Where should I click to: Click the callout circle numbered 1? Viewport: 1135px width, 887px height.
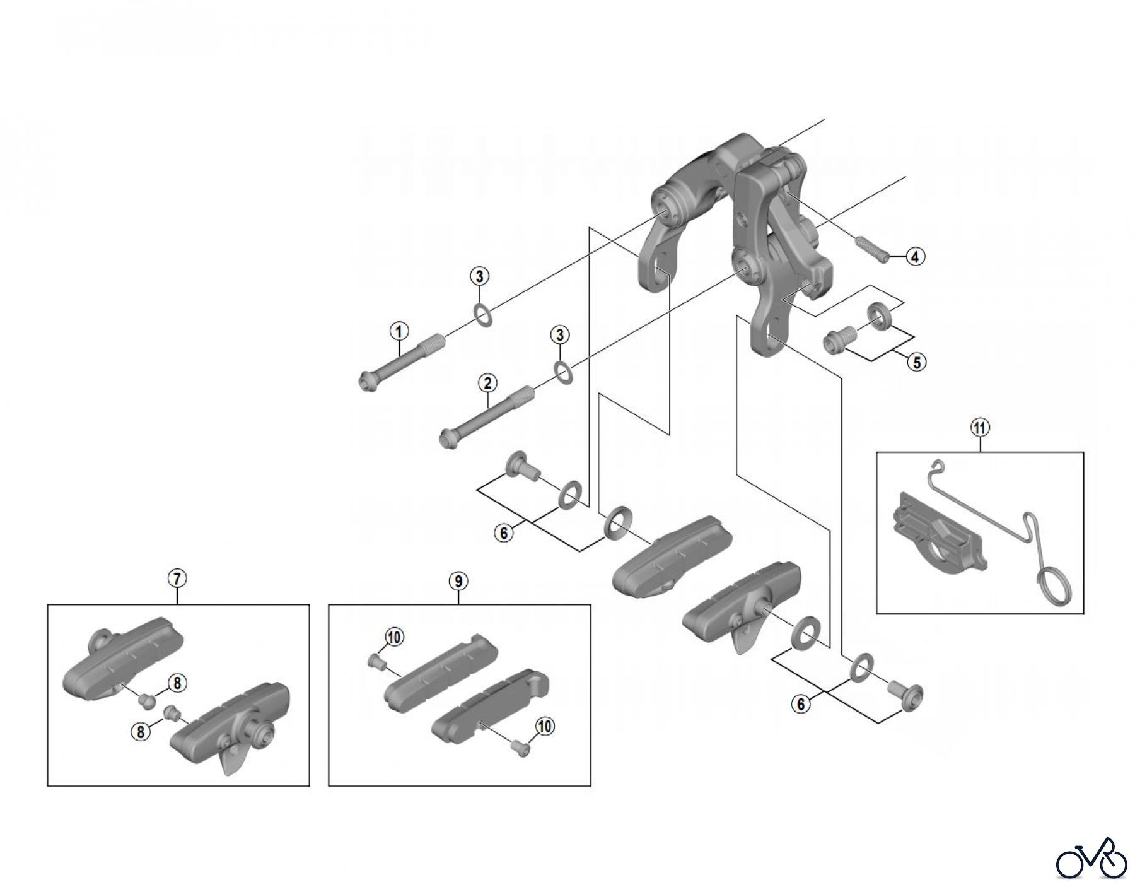(399, 330)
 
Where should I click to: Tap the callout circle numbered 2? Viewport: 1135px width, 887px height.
(487, 382)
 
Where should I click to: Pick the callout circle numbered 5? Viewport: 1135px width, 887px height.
(916, 362)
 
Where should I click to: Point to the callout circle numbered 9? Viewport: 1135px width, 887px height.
(458, 580)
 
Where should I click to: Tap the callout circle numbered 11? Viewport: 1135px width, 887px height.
(980, 428)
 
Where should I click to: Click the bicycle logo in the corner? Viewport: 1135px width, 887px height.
(1091, 857)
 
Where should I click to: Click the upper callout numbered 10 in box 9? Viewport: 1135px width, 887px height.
(394, 638)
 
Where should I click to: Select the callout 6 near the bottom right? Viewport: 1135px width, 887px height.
(801, 704)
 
